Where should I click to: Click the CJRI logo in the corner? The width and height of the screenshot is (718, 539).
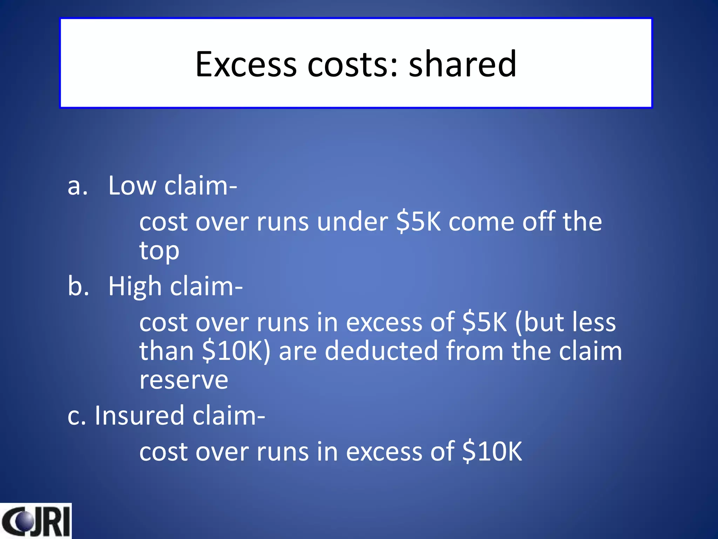[x=35, y=521]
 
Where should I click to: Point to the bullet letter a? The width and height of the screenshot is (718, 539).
[x=77, y=186]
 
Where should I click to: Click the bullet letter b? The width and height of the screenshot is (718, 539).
[x=78, y=286]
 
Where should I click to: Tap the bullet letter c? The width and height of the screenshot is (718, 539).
[x=76, y=416]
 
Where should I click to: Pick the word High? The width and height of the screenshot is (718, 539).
[x=134, y=286]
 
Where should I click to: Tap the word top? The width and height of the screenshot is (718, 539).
[x=159, y=251]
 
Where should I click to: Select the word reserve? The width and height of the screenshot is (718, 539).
[x=184, y=380]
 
